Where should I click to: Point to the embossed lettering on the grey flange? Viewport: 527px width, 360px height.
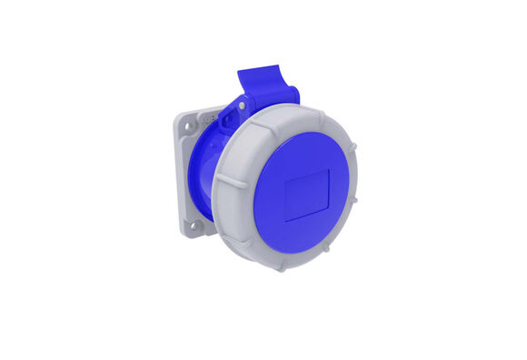[205, 116]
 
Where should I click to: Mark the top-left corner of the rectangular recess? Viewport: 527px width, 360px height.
[286, 175]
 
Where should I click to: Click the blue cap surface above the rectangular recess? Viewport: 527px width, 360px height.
[306, 145]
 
